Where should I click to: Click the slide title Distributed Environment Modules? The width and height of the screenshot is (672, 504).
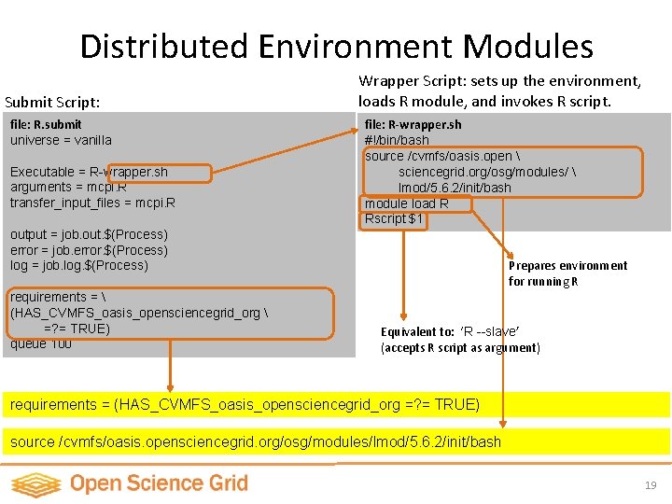click(336, 47)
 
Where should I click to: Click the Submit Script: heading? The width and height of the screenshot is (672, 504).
click(52, 101)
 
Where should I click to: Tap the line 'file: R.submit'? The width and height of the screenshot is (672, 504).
click(46, 124)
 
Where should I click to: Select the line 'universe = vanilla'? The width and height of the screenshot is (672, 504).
click(61, 140)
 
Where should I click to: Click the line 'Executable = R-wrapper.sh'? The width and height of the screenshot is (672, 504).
click(89, 172)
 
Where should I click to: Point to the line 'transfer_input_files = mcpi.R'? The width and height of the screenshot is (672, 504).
click(92, 203)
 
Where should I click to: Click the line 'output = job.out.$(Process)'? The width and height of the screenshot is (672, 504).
click(89, 234)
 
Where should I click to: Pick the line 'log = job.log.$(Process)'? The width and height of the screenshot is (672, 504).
click(79, 265)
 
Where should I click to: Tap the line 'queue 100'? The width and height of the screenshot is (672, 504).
click(41, 343)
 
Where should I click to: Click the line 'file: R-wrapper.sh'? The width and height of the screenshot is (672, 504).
click(413, 124)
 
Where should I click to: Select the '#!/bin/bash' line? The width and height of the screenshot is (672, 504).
click(397, 140)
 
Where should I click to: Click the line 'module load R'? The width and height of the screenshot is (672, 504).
click(406, 203)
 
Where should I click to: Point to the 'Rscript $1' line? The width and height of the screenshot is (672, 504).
click(394, 219)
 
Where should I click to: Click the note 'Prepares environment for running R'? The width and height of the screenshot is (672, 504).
click(567, 273)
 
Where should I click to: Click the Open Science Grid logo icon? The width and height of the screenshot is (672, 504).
click(35, 484)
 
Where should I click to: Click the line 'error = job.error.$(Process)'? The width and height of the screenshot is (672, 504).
click(89, 250)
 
